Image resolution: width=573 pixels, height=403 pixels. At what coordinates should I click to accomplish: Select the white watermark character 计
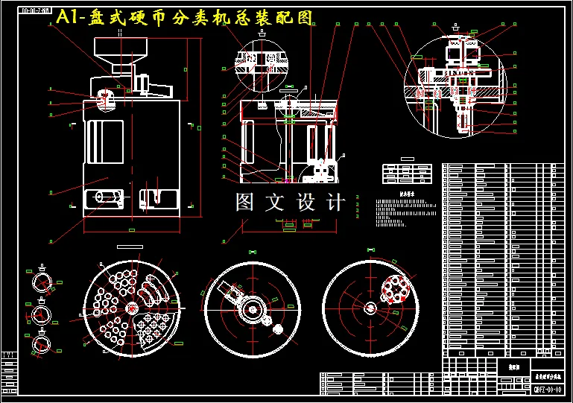(x=335, y=202)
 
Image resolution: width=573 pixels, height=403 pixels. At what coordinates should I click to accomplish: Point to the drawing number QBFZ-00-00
(x=548, y=390)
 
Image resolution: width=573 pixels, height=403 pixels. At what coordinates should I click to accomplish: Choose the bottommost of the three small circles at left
(x=42, y=342)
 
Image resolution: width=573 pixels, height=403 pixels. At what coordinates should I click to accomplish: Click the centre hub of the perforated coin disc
(x=132, y=308)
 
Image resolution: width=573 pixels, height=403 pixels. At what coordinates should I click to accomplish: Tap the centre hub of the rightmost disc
(x=369, y=308)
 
